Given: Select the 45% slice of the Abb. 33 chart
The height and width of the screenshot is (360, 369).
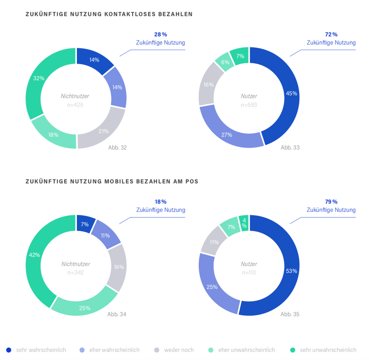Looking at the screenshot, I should tap(286, 94).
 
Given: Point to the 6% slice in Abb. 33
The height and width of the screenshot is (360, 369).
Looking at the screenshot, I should tap(225, 62).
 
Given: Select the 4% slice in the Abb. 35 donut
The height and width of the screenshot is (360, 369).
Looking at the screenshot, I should tap(244, 223).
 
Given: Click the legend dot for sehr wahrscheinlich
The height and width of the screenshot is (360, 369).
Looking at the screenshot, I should tap(8, 350).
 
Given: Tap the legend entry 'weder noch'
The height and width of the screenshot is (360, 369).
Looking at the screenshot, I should tap(179, 350).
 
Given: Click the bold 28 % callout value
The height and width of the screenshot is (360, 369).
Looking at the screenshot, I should tap(160, 35).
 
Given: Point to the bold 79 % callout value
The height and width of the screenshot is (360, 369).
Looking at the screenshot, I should tap(331, 202).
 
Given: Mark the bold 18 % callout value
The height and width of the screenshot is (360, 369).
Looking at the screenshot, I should tap(160, 202).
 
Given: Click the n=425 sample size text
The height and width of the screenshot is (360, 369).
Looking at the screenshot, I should tap(75, 105).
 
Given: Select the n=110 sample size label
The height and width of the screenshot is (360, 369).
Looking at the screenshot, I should tap(249, 272).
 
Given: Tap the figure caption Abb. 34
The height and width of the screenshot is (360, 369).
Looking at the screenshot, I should tap(117, 314).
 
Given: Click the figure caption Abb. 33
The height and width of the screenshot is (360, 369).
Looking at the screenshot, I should tap(290, 147).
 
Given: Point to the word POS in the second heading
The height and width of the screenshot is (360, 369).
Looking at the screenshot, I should tap(193, 181).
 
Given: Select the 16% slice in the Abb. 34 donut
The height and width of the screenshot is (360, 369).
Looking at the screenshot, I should tap(118, 267).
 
